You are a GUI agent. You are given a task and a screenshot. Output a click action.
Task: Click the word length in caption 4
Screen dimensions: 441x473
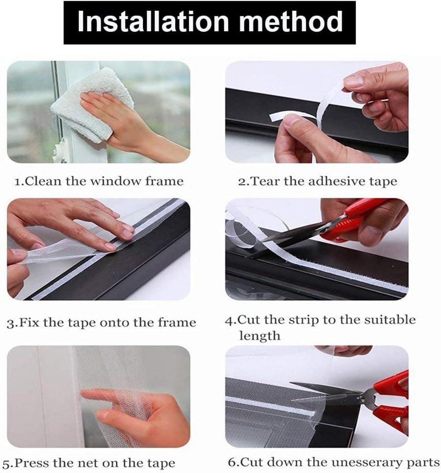[x=260, y=335]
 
